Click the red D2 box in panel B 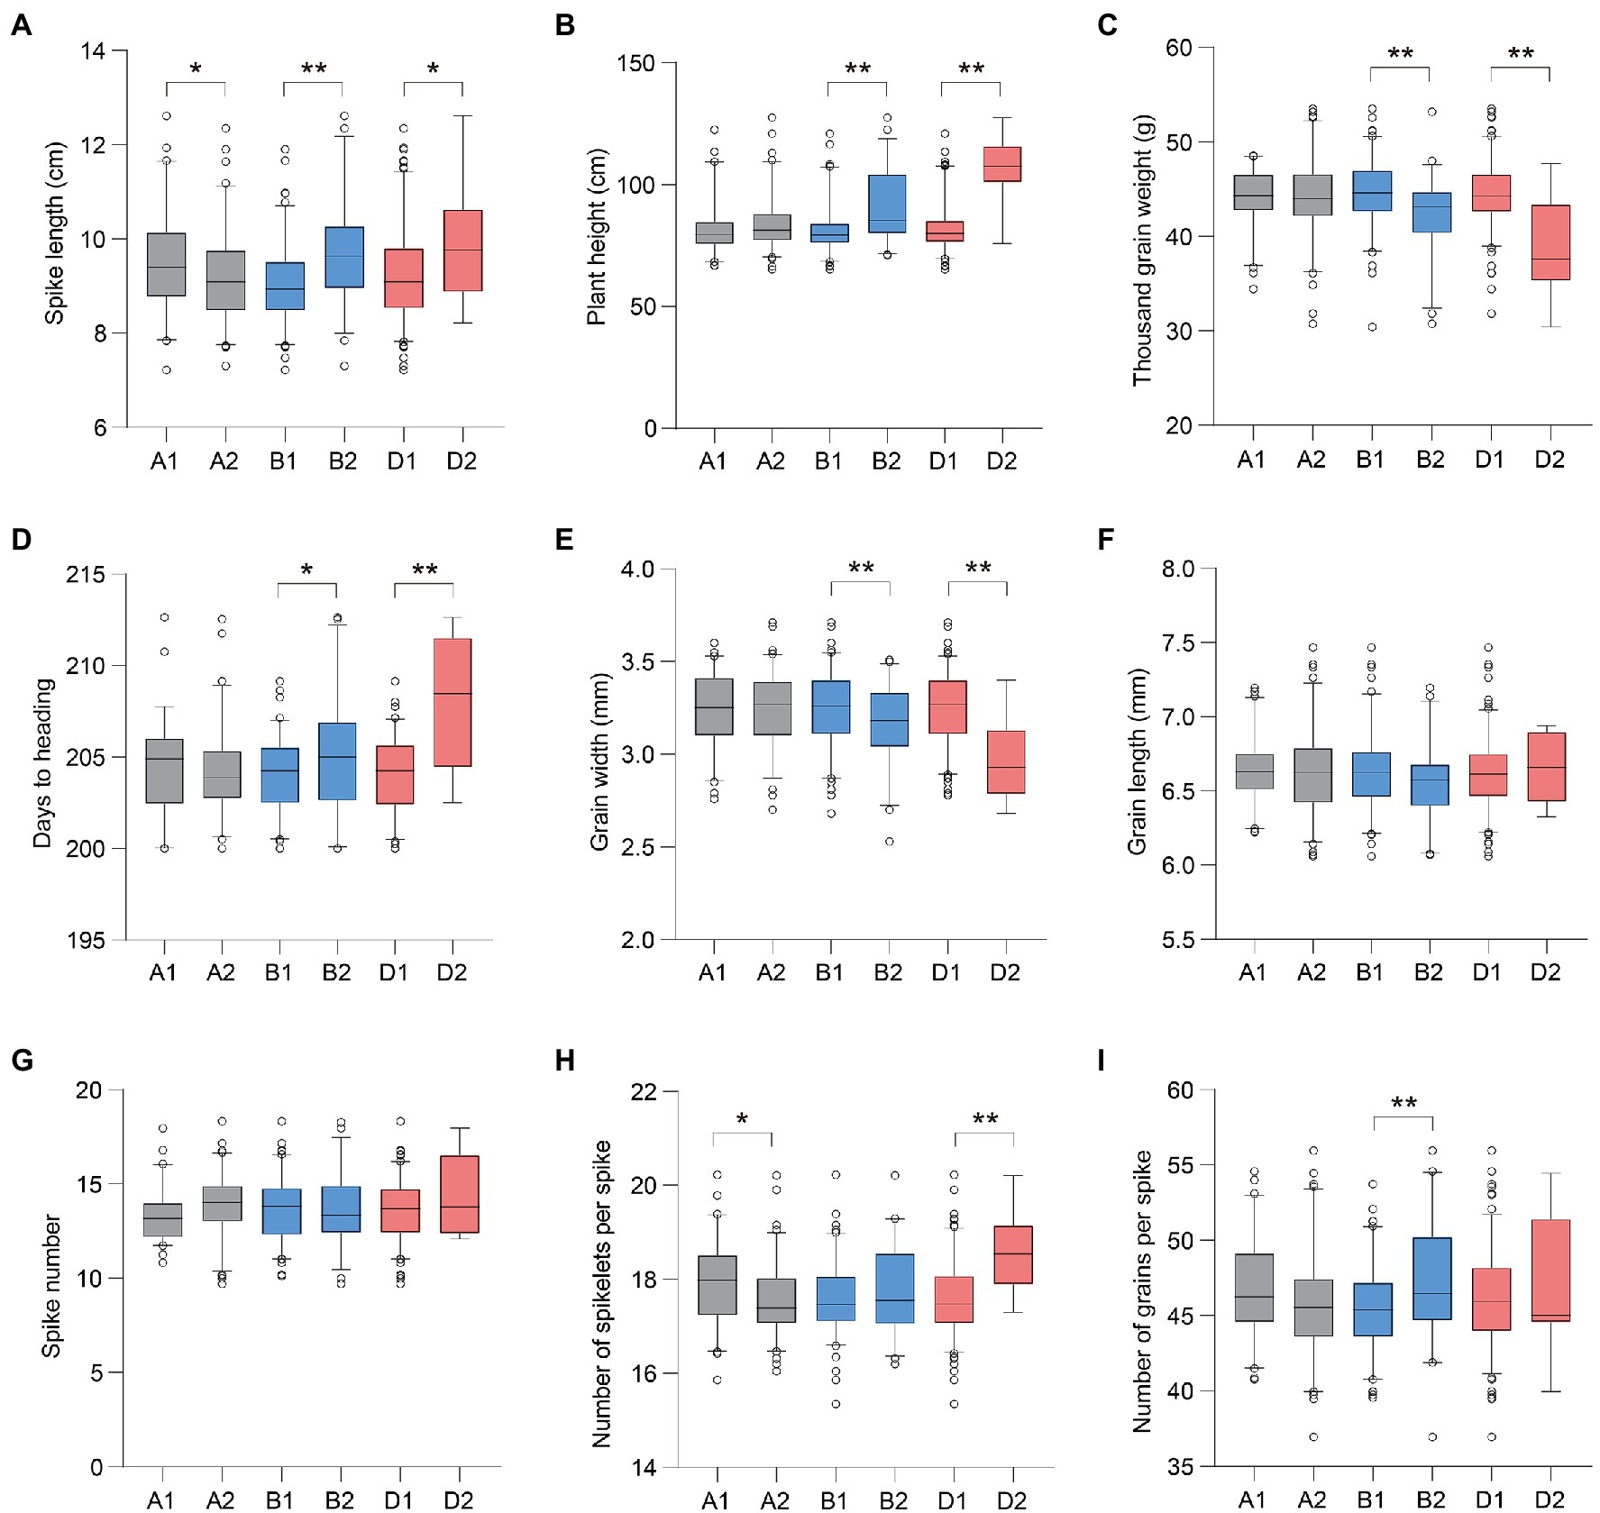(1001, 164)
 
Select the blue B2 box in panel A (343, 257)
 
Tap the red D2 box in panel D (453, 702)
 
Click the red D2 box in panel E (1006, 761)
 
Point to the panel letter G (21, 1060)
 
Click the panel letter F (1106, 540)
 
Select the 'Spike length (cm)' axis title (55, 232)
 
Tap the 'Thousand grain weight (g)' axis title (1142, 250)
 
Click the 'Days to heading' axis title (42, 762)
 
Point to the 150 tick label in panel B (635, 63)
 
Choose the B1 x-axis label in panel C (1370, 460)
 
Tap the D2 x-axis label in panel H (1011, 1499)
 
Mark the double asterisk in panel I (1403, 1104)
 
